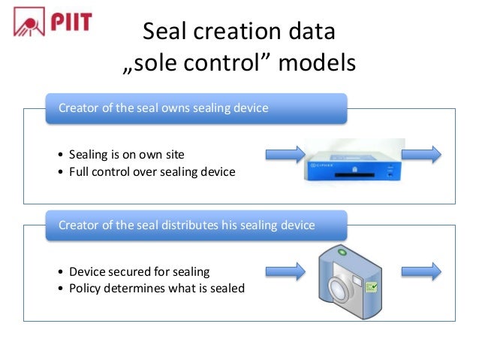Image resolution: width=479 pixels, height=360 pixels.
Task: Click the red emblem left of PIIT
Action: pyautogui.click(x=29, y=23)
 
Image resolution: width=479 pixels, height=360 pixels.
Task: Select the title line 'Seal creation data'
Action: pyautogui.click(x=239, y=32)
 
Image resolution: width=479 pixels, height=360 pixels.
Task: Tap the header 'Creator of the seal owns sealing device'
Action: pyautogui.click(x=164, y=108)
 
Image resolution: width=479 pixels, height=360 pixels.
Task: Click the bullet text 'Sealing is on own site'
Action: pyautogui.click(x=126, y=155)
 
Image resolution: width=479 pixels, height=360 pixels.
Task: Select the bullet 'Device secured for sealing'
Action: pyautogui.click(x=139, y=271)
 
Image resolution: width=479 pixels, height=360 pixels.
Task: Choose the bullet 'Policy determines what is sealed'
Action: pyautogui.click(x=156, y=288)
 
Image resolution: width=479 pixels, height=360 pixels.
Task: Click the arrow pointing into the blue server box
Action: pyautogui.click(x=285, y=154)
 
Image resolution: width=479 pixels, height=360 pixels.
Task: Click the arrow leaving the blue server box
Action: pyautogui.click(x=422, y=154)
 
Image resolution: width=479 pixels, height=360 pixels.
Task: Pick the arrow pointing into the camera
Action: pyautogui.click(x=285, y=271)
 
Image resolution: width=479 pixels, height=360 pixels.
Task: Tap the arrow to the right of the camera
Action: pyautogui.click(x=422, y=271)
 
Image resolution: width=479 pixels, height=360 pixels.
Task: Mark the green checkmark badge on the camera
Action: pyautogui.click(x=370, y=286)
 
